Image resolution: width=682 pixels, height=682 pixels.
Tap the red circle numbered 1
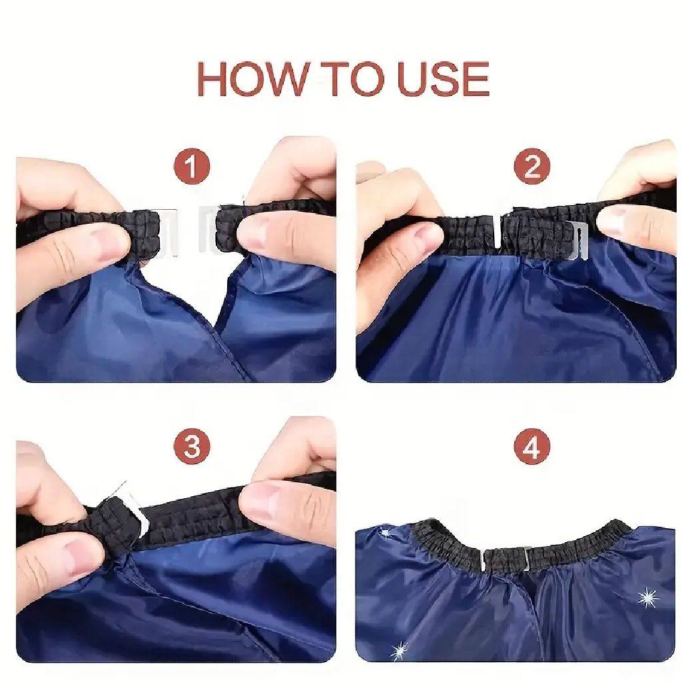point(192,166)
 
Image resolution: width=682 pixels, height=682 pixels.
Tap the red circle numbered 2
point(532,166)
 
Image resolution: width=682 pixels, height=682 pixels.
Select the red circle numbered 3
point(192,446)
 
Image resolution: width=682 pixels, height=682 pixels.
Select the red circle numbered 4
point(532,446)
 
